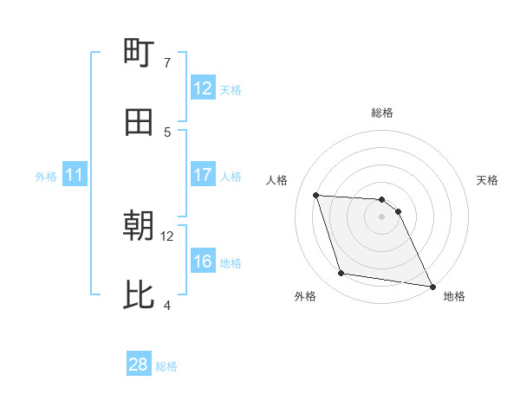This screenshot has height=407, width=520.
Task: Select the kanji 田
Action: coord(139,122)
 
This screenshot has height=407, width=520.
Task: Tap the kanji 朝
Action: coord(139,226)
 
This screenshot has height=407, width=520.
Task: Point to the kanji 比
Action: coord(139,295)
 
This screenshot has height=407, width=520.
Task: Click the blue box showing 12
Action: coord(203,88)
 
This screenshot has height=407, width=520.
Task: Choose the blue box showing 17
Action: coord(203,176)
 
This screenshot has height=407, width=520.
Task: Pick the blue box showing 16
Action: coord(203,262)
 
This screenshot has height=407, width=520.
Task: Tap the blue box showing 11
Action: coord(75,176)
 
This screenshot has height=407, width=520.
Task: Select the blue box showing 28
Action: coord(139,365)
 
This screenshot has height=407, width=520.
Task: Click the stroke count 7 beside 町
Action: coord(166,62)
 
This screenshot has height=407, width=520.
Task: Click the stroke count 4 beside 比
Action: coord(166,305)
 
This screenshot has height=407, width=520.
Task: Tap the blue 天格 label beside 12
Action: coord(231,89)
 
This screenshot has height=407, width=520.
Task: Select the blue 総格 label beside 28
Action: coord(166,366)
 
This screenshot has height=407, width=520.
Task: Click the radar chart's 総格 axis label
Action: coord(382,113)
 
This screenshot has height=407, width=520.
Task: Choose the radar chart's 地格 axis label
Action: coord(454,296)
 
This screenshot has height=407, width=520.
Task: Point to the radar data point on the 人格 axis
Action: coord(316,195)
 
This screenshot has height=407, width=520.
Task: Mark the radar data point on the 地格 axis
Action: coord(431,286)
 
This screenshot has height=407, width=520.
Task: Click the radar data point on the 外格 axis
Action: coord(341,274)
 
